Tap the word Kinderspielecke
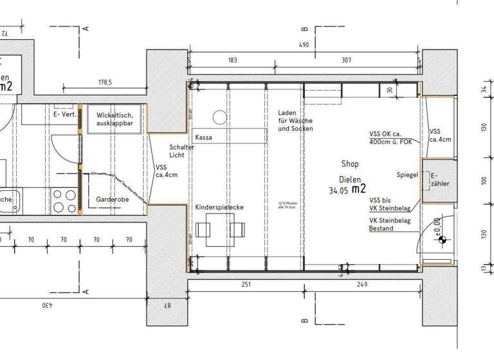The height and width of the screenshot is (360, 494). pyautogui.click(x=219, y=208)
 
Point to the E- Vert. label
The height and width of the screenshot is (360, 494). pyautogui.click(x=65, y=114)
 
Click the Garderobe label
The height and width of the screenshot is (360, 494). pyautogui.click(x=112, y=199)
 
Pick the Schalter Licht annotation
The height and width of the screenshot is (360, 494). pyautogui.click(x=181, y=151)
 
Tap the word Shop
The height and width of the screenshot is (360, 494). pyautogui.click(x=350, y=164)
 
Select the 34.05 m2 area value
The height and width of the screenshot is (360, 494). pyautogui.click(x=347, y=190)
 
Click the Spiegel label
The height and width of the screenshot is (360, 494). pyautogui.click(x=408, y=175)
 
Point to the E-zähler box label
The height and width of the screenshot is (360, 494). pyautogui.click(x=440, y=179)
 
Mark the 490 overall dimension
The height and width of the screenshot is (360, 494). pyautogui.click(x=304, y=45)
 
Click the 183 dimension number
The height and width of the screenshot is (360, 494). pyautogui.click(x=232, y=60)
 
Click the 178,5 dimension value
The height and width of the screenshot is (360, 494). pyautogui.click(x=105, y=82)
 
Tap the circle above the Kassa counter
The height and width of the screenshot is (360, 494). pyautogui.click(x=219, y=117)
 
